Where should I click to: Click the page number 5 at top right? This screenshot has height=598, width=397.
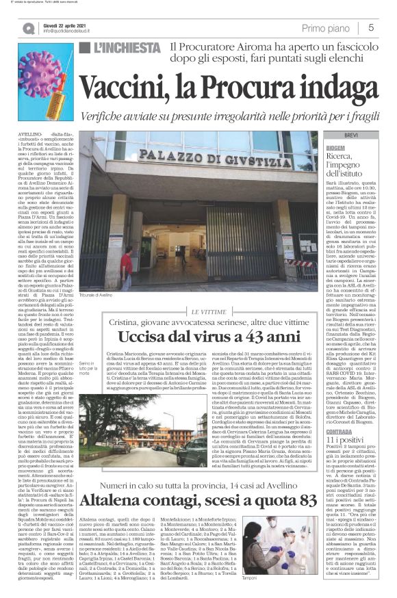pos(370,28)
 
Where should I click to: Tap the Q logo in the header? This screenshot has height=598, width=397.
pos(28,28)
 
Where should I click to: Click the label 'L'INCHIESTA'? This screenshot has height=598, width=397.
pos(127,48)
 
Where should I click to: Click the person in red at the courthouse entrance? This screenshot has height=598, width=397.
pos(127,268)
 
